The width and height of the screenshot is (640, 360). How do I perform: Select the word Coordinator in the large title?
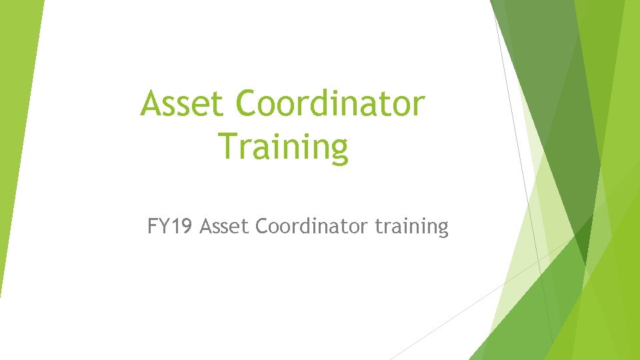331,104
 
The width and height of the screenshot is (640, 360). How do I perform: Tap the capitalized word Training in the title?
283,147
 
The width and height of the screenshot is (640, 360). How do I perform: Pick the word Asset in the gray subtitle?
225,227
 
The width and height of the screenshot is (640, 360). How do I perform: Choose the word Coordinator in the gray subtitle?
311,227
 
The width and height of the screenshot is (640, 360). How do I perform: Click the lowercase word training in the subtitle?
411,227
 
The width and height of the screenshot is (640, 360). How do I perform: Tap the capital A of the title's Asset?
151,104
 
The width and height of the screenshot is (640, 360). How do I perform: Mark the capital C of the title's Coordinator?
249,104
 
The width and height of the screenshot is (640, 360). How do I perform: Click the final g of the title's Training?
338,151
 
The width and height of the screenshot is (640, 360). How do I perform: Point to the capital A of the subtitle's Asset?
205,227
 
